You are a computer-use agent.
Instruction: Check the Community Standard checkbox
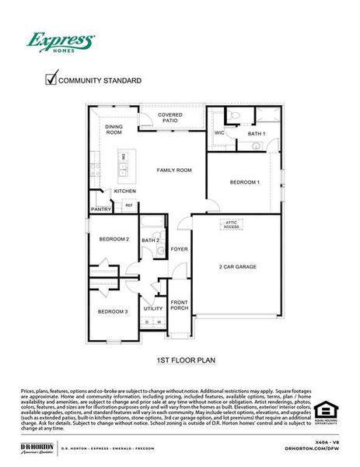tap(52, 79)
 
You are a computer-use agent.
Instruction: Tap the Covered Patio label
tap(170, 118)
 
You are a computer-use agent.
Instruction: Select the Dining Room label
tap(114, 128)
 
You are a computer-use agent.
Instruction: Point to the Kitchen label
tap(125, 191)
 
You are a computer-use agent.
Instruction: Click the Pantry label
tap(100, 209)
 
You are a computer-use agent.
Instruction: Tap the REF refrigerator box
tap(129, 205)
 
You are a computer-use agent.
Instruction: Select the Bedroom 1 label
tap(244, 182)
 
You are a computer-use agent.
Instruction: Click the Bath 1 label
tap(256, 134)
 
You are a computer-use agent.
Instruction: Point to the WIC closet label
tap(219, 134)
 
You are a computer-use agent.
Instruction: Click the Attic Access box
tap(231, 224)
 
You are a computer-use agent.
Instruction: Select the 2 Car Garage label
tap(237, 266)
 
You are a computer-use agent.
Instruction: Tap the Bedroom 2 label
tap(114, 239)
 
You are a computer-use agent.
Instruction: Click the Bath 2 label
tap(150, 241)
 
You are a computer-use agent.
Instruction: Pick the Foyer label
tap(180, 249)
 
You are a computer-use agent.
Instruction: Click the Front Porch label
tap(180, 304)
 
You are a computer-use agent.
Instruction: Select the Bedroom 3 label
tap(113, 311)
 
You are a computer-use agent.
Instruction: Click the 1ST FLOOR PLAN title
tap(180, 360)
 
